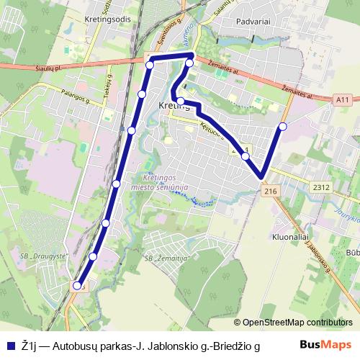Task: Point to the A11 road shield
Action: [x=343, y=99]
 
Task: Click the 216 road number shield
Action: [x=271, y=191]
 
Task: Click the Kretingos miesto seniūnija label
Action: [x=165, y=182]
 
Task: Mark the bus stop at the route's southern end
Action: [x=78, y=284]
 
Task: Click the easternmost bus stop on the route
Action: [x=282, y=127]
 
